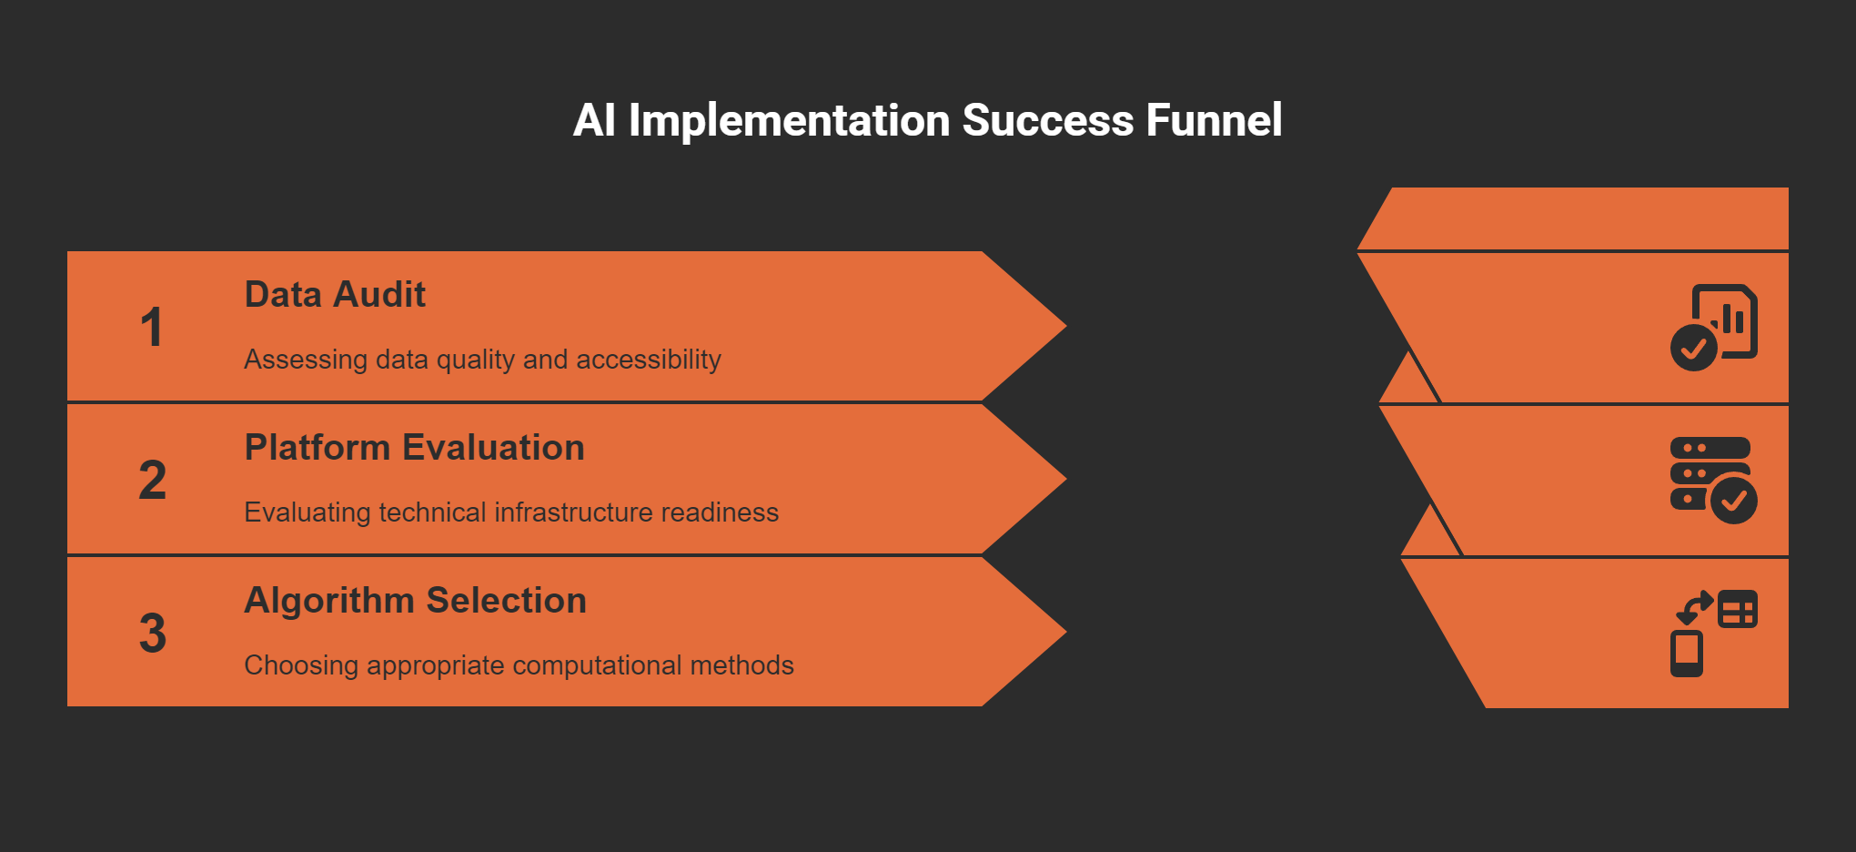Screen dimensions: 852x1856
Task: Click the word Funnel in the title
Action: pyautogui.click(x=1214, y=120)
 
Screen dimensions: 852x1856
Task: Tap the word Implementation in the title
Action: pyautogui.click(x=789, y=120)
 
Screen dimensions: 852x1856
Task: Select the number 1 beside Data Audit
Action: pyautogui.click(x=152, y=328)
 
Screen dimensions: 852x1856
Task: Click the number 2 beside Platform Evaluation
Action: pyautogui.click(x=153, y=481)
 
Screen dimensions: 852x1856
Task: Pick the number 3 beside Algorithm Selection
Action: pyautogui.click(x=153, y=634)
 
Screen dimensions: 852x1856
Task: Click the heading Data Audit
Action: pyautogui.click(x=335, y=295)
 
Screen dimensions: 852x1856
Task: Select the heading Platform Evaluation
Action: pyautogui.click(x=414, y=448)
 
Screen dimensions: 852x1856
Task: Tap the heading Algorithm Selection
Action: pyautogui.click(x=415, y=601)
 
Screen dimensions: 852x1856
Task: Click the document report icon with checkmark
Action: pyautogui.click(x=1714, y=327)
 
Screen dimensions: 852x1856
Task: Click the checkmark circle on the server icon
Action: pyautogui.click(x=1734, y=501)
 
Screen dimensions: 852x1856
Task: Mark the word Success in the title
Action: pyautogui.click(x=1048, y=120)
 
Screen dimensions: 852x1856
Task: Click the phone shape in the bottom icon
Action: pyautogui.click(x=1687, y=653)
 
